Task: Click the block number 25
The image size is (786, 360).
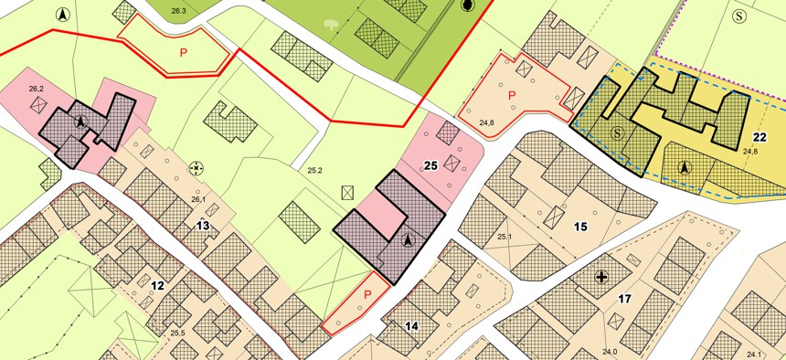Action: pos(432,165)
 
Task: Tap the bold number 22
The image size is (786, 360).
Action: pos(759,137)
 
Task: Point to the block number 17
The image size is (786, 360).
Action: pos(625,298)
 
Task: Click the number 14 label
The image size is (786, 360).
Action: pos(411,325)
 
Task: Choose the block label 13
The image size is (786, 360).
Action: pos(203,225)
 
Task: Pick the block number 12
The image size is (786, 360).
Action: pos(157,286)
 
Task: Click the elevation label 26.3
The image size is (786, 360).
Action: pos(178,10)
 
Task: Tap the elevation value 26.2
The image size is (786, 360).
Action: pos(37,88)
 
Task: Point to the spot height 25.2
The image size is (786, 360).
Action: pos(315,170)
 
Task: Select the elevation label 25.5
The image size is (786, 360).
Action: pos(177,333)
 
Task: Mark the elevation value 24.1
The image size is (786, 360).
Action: pos(753,354)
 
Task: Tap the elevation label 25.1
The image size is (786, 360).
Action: pos(504,238)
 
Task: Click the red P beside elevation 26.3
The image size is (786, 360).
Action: pos(183,52)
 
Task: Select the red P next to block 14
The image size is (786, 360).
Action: pos(366,294)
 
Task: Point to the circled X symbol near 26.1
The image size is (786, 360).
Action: pos(196,168)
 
